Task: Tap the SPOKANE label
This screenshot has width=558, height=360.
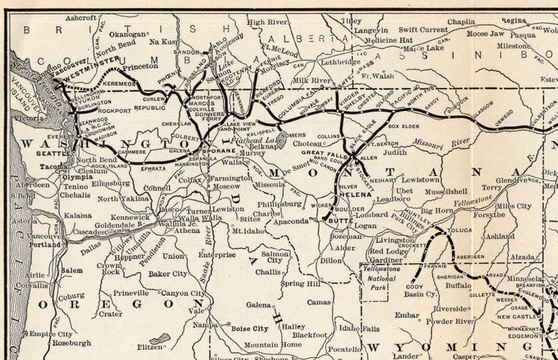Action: (x=220, y=150)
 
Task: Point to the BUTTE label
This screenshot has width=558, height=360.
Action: (x=339, y=220)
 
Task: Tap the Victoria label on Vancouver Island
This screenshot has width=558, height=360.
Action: (x=28, y=118)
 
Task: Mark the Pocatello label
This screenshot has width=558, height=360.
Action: (x=345, y=349)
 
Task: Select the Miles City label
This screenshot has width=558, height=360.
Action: (x=514, y=206)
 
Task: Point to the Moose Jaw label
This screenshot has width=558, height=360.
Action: (x=486, y=33)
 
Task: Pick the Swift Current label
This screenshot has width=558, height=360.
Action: (x=423, y=30)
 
